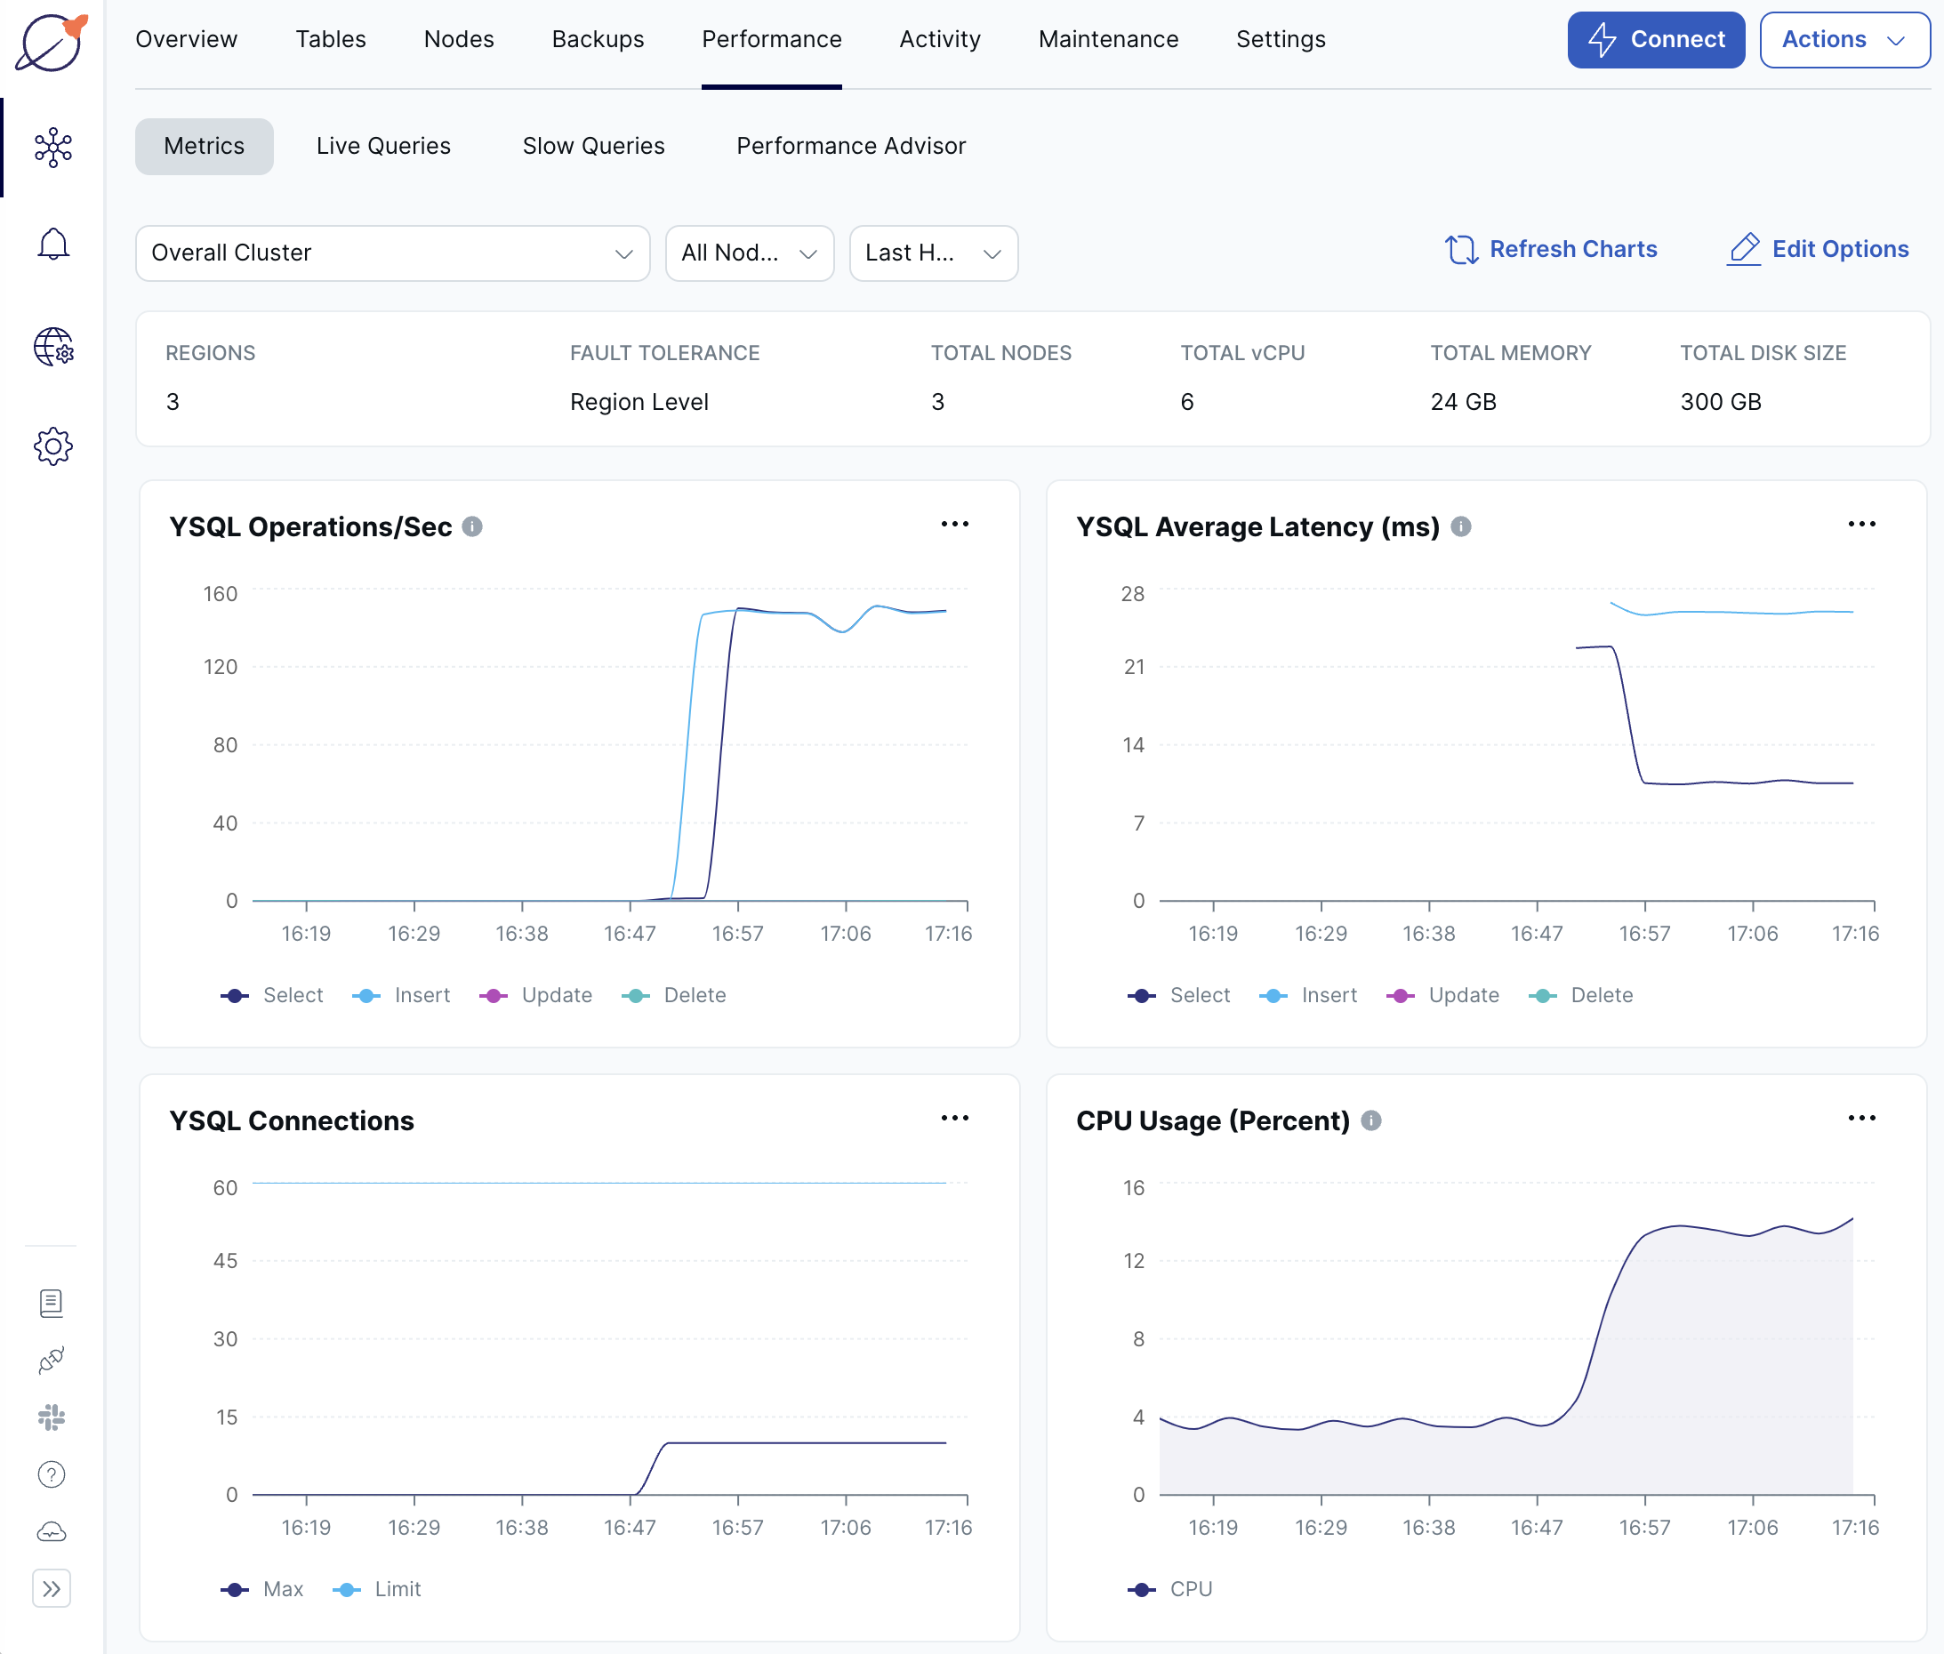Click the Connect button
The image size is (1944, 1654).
pos(1655,39)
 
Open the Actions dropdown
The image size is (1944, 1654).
pos(1843,39)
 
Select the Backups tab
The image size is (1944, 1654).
pos(598,39)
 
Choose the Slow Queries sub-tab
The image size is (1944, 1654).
pos(592,146)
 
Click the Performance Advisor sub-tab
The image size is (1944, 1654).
pos(850,146)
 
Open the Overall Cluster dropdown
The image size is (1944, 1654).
pos(392,253)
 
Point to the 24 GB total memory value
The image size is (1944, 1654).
pos(1463,402)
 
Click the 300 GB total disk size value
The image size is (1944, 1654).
pos(1720,402)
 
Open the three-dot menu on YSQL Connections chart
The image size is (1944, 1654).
pos(953,1118)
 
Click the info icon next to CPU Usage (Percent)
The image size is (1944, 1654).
pos(1371,1120)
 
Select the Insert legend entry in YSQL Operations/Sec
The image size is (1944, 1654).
pos(421,996)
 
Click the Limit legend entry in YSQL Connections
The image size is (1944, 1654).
pos(397,1589)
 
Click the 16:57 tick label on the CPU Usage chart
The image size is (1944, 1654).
pos(1644,1528)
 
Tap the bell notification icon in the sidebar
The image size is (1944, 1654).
pos(53,245)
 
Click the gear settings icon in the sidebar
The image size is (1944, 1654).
pos(53,446)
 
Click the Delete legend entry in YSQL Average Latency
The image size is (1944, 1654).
pos(1601,996)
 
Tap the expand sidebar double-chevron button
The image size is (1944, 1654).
pos(52,1588)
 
